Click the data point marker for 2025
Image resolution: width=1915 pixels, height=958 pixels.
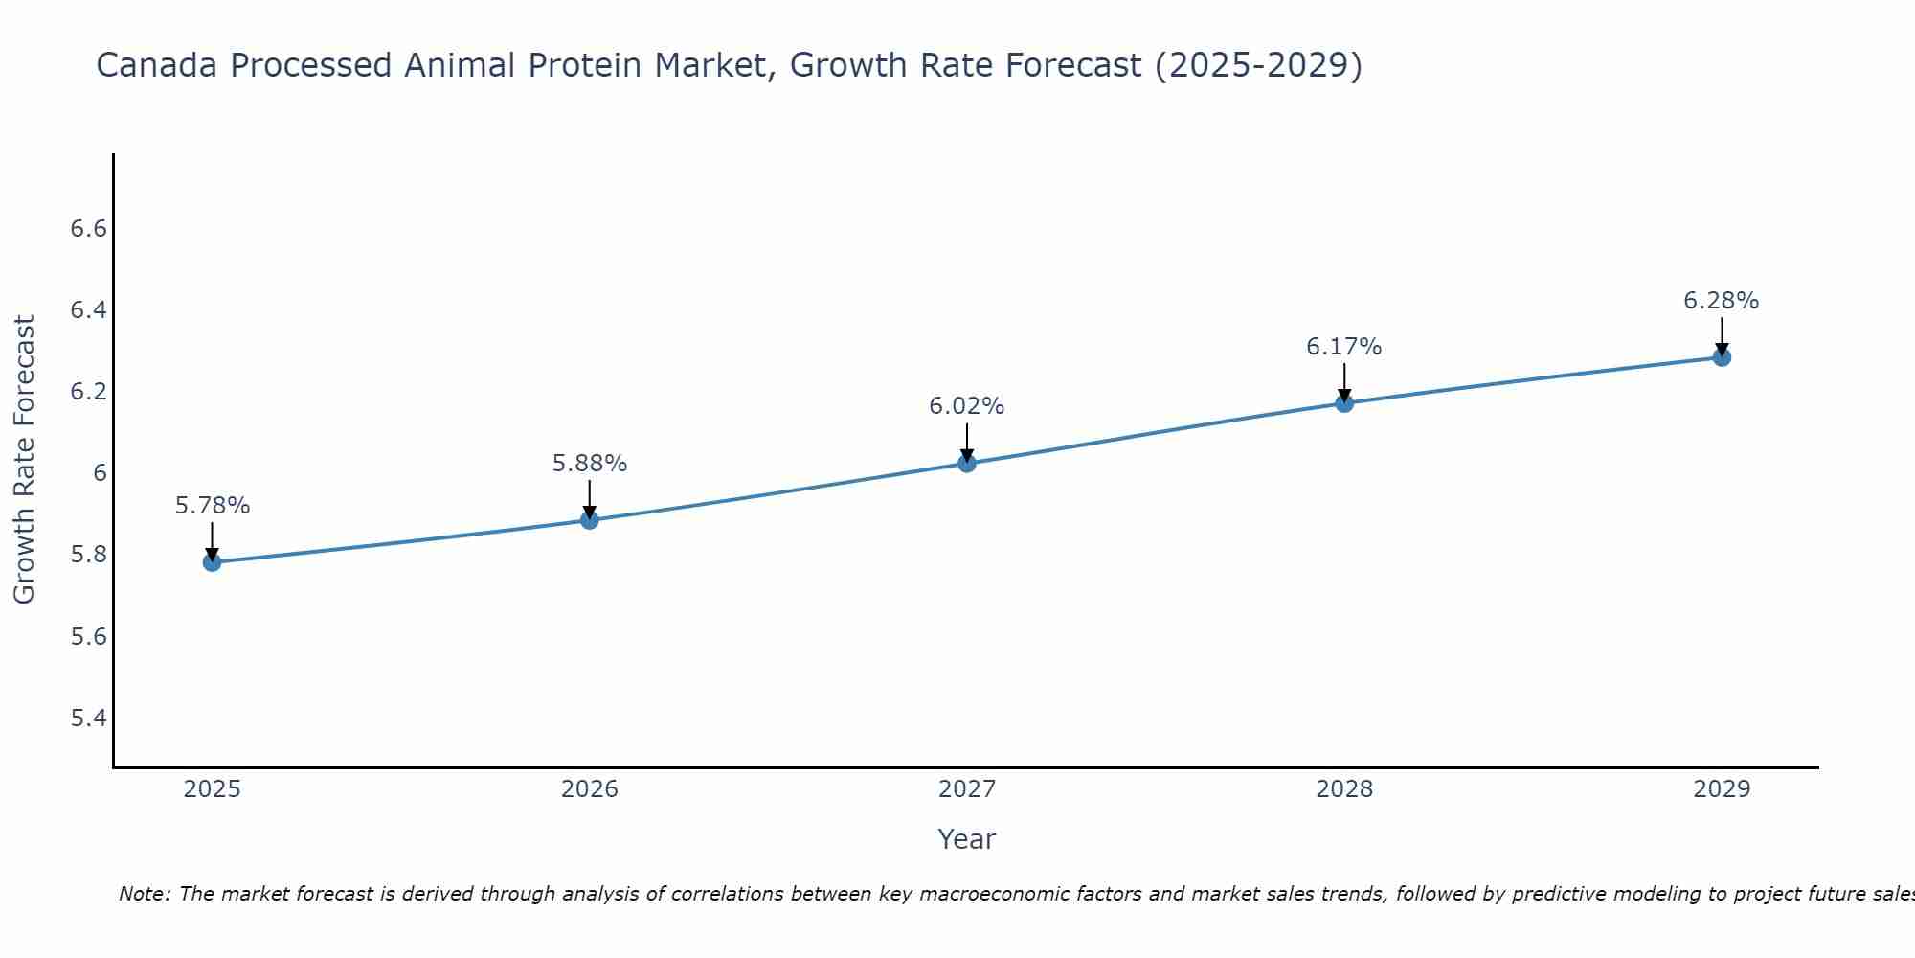[x=212, y=562]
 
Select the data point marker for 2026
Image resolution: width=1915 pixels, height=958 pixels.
[x=590, y=520]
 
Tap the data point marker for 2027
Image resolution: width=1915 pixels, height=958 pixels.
[x=967, y=464]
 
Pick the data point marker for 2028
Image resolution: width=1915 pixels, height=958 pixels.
[x=1344, y=403]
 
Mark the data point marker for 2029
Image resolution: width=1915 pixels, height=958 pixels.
[x=1722, y=357]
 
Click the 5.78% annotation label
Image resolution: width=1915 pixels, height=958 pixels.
[x=213, y=506]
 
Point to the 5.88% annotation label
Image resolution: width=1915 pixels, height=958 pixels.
[x=590, y=464]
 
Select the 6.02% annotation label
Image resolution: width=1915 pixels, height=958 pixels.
[x=967, y=406]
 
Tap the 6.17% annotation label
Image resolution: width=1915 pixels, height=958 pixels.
[x=1344, y=347]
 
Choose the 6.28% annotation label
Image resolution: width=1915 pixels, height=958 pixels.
[x=1722, y=301]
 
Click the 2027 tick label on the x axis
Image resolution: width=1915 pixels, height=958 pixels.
[x=967, y=789]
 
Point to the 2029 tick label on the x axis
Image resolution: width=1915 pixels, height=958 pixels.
[x=1722, y=789]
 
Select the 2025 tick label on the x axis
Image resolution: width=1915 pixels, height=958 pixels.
[x=213, y=789]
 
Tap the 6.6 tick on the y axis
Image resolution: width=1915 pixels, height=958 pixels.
[x=88, y=229]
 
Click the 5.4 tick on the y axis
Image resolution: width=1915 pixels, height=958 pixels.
[x=88, y=718]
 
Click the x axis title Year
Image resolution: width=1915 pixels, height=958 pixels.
[x=967, y=839]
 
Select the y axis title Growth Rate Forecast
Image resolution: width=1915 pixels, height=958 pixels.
[x=24, y=460]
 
